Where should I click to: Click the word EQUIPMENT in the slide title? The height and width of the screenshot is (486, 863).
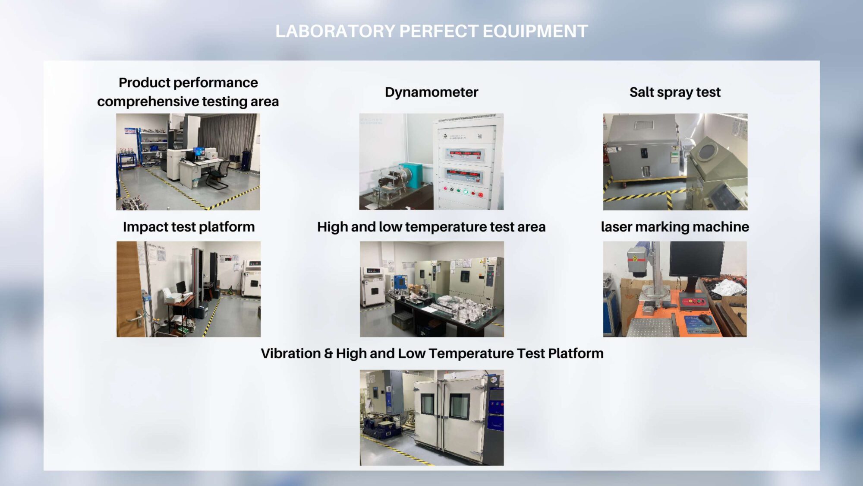click(535, 31)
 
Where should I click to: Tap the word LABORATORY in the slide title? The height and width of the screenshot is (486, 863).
click(335, 31)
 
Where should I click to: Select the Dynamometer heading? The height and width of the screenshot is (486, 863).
click(431, 92)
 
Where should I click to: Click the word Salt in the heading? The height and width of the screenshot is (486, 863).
click(642, 92)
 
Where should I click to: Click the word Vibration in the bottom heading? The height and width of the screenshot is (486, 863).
click(291, 353)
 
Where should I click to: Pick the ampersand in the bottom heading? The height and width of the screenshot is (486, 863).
click(328, 354)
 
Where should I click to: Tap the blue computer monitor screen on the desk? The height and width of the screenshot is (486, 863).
click(199, 152)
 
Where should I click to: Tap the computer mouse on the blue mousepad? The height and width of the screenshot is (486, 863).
click(706, 320)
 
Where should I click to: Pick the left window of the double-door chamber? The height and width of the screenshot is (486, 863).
click(428, 404)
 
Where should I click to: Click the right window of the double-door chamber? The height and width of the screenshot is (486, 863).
click(459, 406)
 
